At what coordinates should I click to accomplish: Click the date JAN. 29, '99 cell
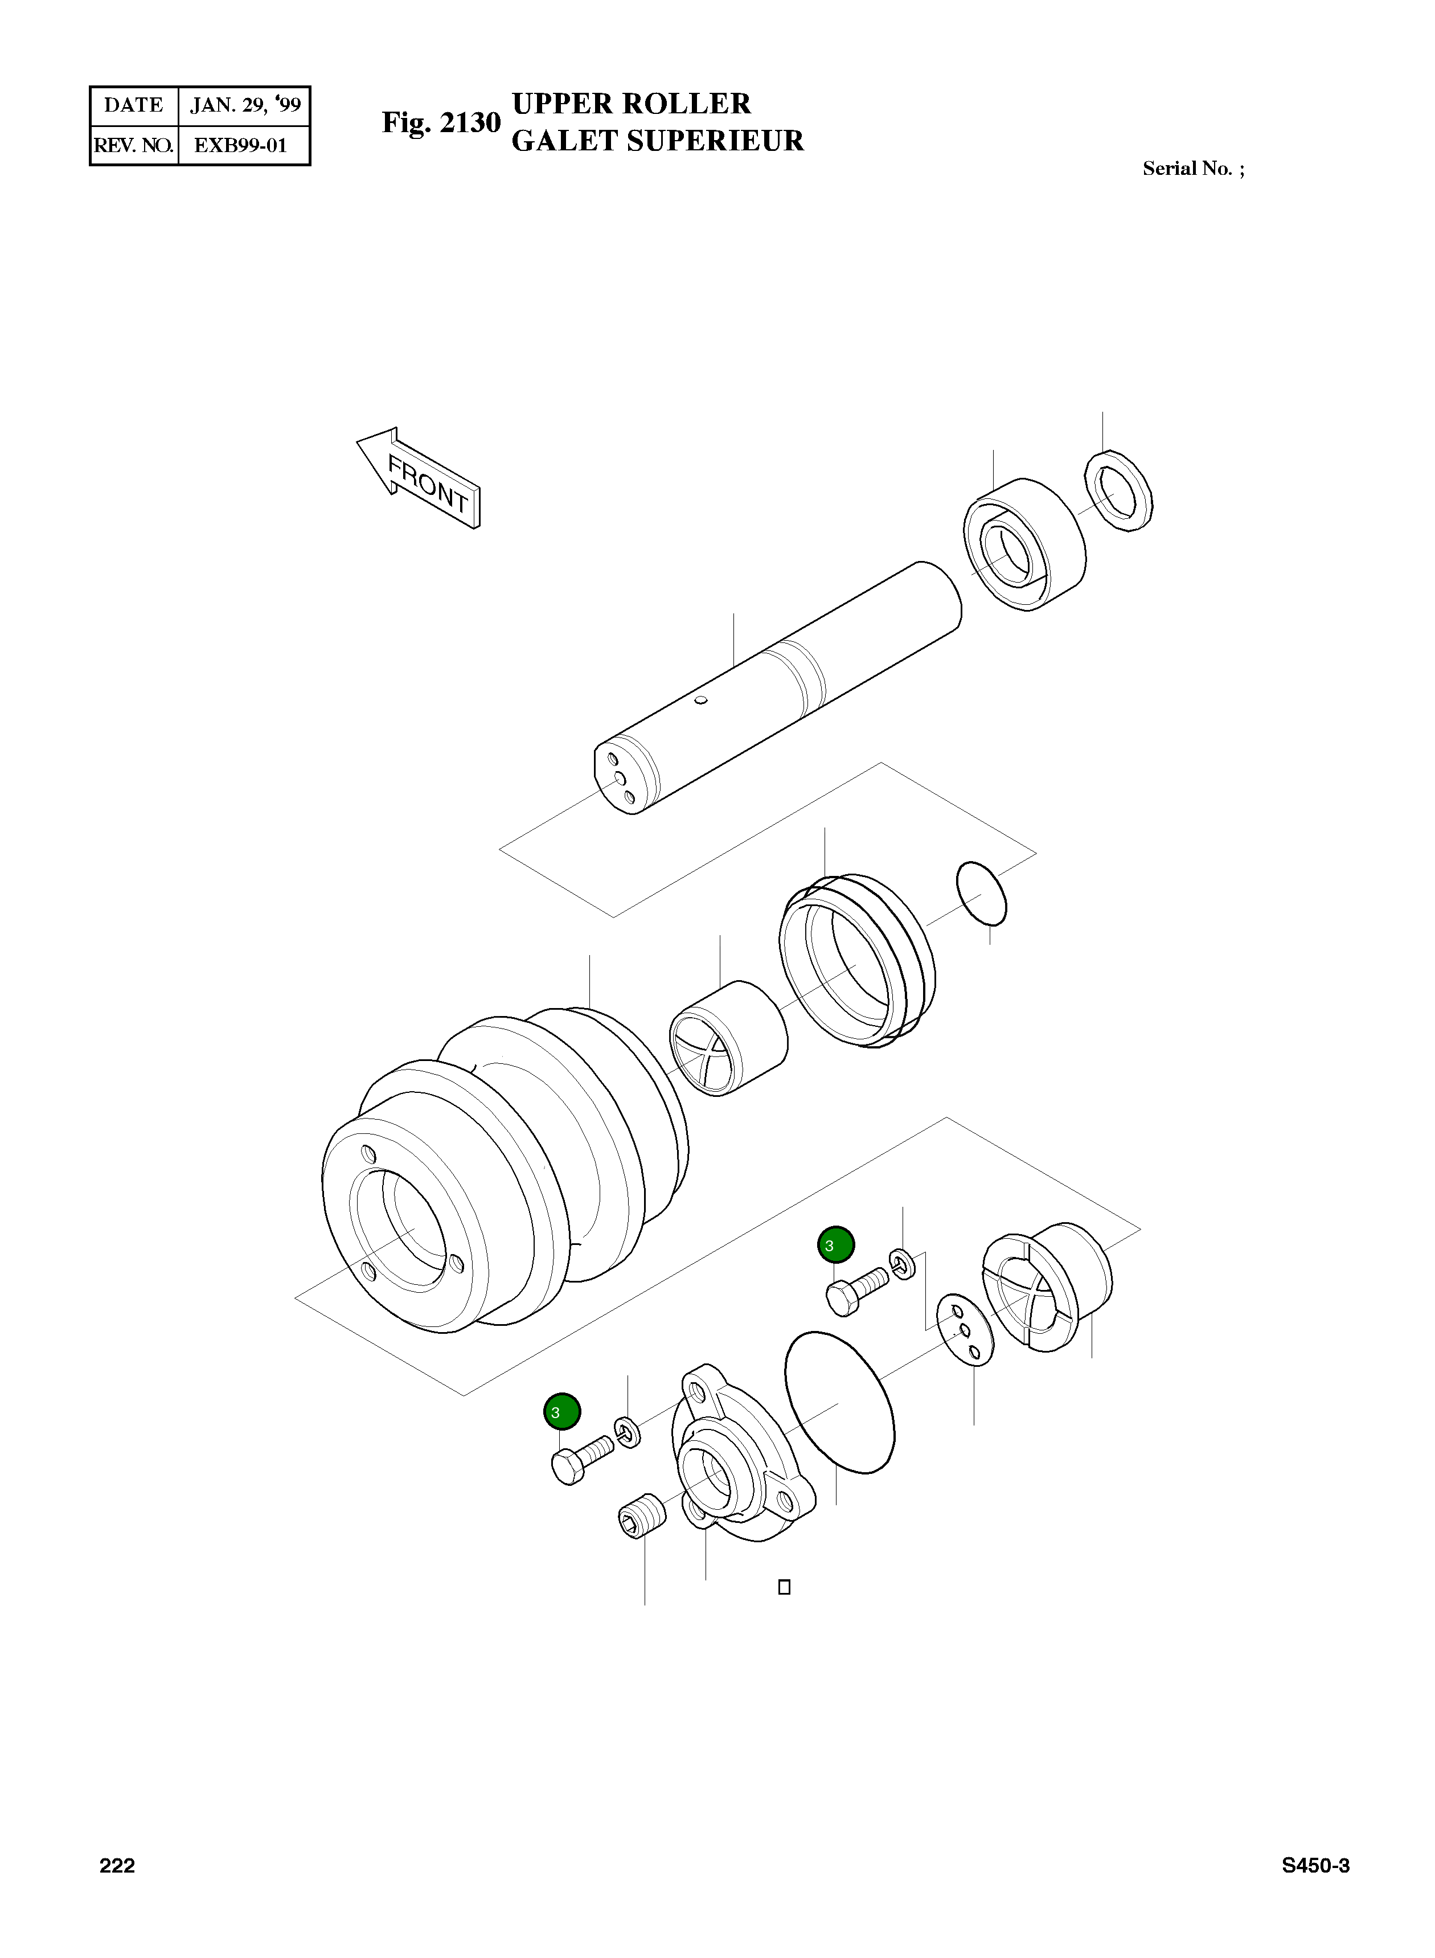coord(245,106)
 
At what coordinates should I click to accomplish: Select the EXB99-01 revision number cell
coord(241,145)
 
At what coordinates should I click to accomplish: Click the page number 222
coord(117,1866)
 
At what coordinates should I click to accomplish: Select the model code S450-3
coord(1315,1866)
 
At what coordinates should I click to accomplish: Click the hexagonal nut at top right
coord(1120,491)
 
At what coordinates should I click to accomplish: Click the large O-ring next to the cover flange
coord(839,1402)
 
